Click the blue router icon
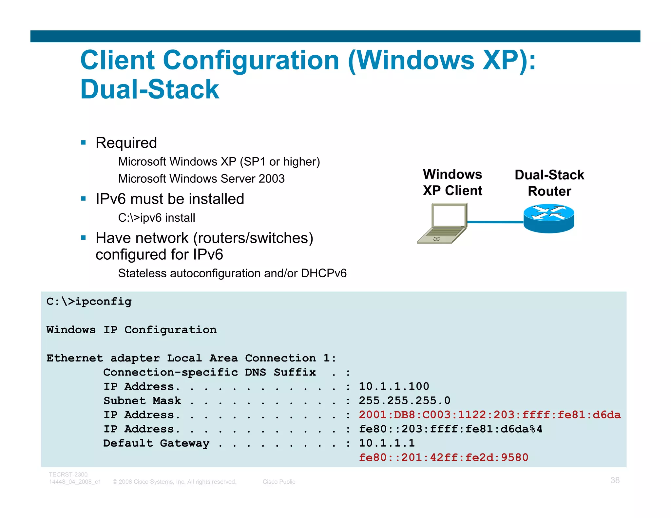click(x=549, y=219)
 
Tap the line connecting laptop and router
click(x=495, y=222)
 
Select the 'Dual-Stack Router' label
click(x=549, y=183)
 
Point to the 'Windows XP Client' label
click(x=452, y=182)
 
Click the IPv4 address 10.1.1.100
click(x=394, y=386)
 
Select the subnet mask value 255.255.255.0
click(x=405, y=400)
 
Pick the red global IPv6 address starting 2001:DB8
click(x=489, y=415)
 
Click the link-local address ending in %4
click(x=451, y=429)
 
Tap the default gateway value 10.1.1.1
click(x=387, y=443)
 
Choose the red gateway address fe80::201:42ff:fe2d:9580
click(x=443, y=457)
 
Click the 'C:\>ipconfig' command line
click(x=89, y=301)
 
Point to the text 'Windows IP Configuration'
click(x=131, y=330)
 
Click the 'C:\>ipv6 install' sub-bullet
click(x=157, y=218)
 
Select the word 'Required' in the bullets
click(x=126, y=143)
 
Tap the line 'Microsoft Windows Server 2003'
click(x=201, y=179)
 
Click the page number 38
click(x=615, y=480)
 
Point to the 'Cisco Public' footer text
click(x=279, y=482)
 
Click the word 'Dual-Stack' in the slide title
click(x=150, y=89)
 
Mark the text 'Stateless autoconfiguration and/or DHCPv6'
click(x=232, y=273)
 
